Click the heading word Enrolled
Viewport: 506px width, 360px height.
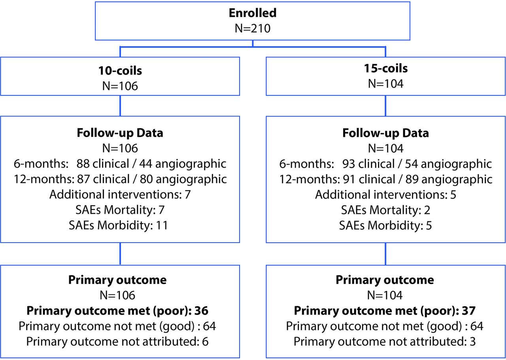pos(253,13)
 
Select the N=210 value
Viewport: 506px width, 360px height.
pos(253,28)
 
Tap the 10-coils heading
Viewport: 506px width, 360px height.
pos(120,70)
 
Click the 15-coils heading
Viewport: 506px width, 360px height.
pos(386,68)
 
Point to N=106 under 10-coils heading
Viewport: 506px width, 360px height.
pos(120,86)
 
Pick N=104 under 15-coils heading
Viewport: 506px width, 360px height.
pos(385,83)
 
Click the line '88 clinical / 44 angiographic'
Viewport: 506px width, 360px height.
pos(151,164)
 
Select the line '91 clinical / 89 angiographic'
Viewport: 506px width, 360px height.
pos(418,179)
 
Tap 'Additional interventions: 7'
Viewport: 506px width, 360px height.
pos(120,194)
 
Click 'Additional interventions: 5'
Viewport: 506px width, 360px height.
pos(385,195)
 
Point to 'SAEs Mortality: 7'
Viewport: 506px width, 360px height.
pos(120,210)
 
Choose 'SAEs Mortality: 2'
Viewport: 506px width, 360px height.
pos(385,210)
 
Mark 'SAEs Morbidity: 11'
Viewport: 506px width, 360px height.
pos(118,225)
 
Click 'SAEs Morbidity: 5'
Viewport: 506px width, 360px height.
pos(385,225)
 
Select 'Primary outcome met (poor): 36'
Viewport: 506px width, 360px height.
pos(117,311)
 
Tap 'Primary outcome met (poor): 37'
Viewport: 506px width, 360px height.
pos(385,311)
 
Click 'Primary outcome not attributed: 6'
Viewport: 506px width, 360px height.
pos(117,341)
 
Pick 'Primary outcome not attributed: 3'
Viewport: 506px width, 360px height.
pos(385,341)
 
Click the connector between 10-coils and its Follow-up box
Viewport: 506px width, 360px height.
pos(120,106)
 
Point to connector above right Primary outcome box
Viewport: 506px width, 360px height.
pos(385,254)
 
